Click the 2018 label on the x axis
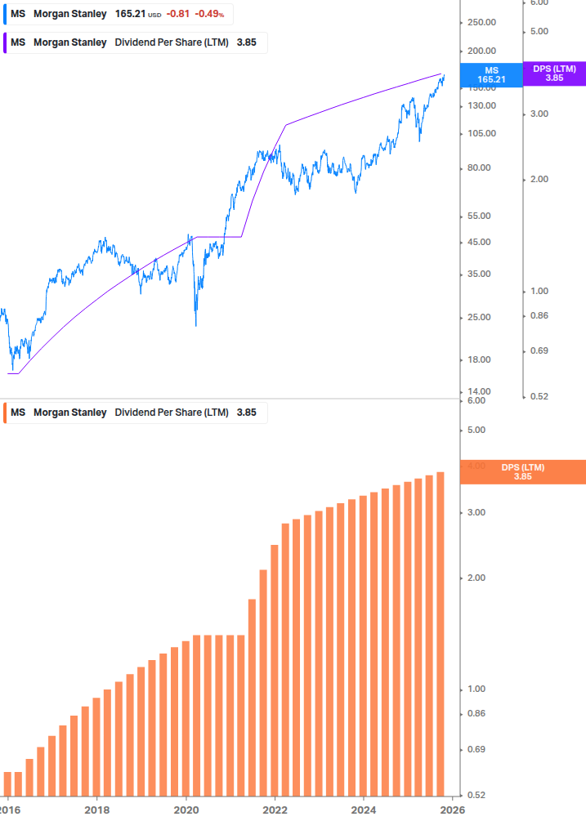point(96,810)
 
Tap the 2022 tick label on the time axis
point(275,810)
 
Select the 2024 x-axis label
point(364,810)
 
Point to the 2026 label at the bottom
point(453,810)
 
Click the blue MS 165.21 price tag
point(491,75)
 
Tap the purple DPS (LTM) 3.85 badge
point(554,74)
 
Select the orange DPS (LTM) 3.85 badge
point(522,472)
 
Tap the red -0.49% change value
point(209,15)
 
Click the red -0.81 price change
point(179,15)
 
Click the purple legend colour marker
point(5,42)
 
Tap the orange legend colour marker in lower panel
point(5,413)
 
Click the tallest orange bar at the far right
point(440,634)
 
